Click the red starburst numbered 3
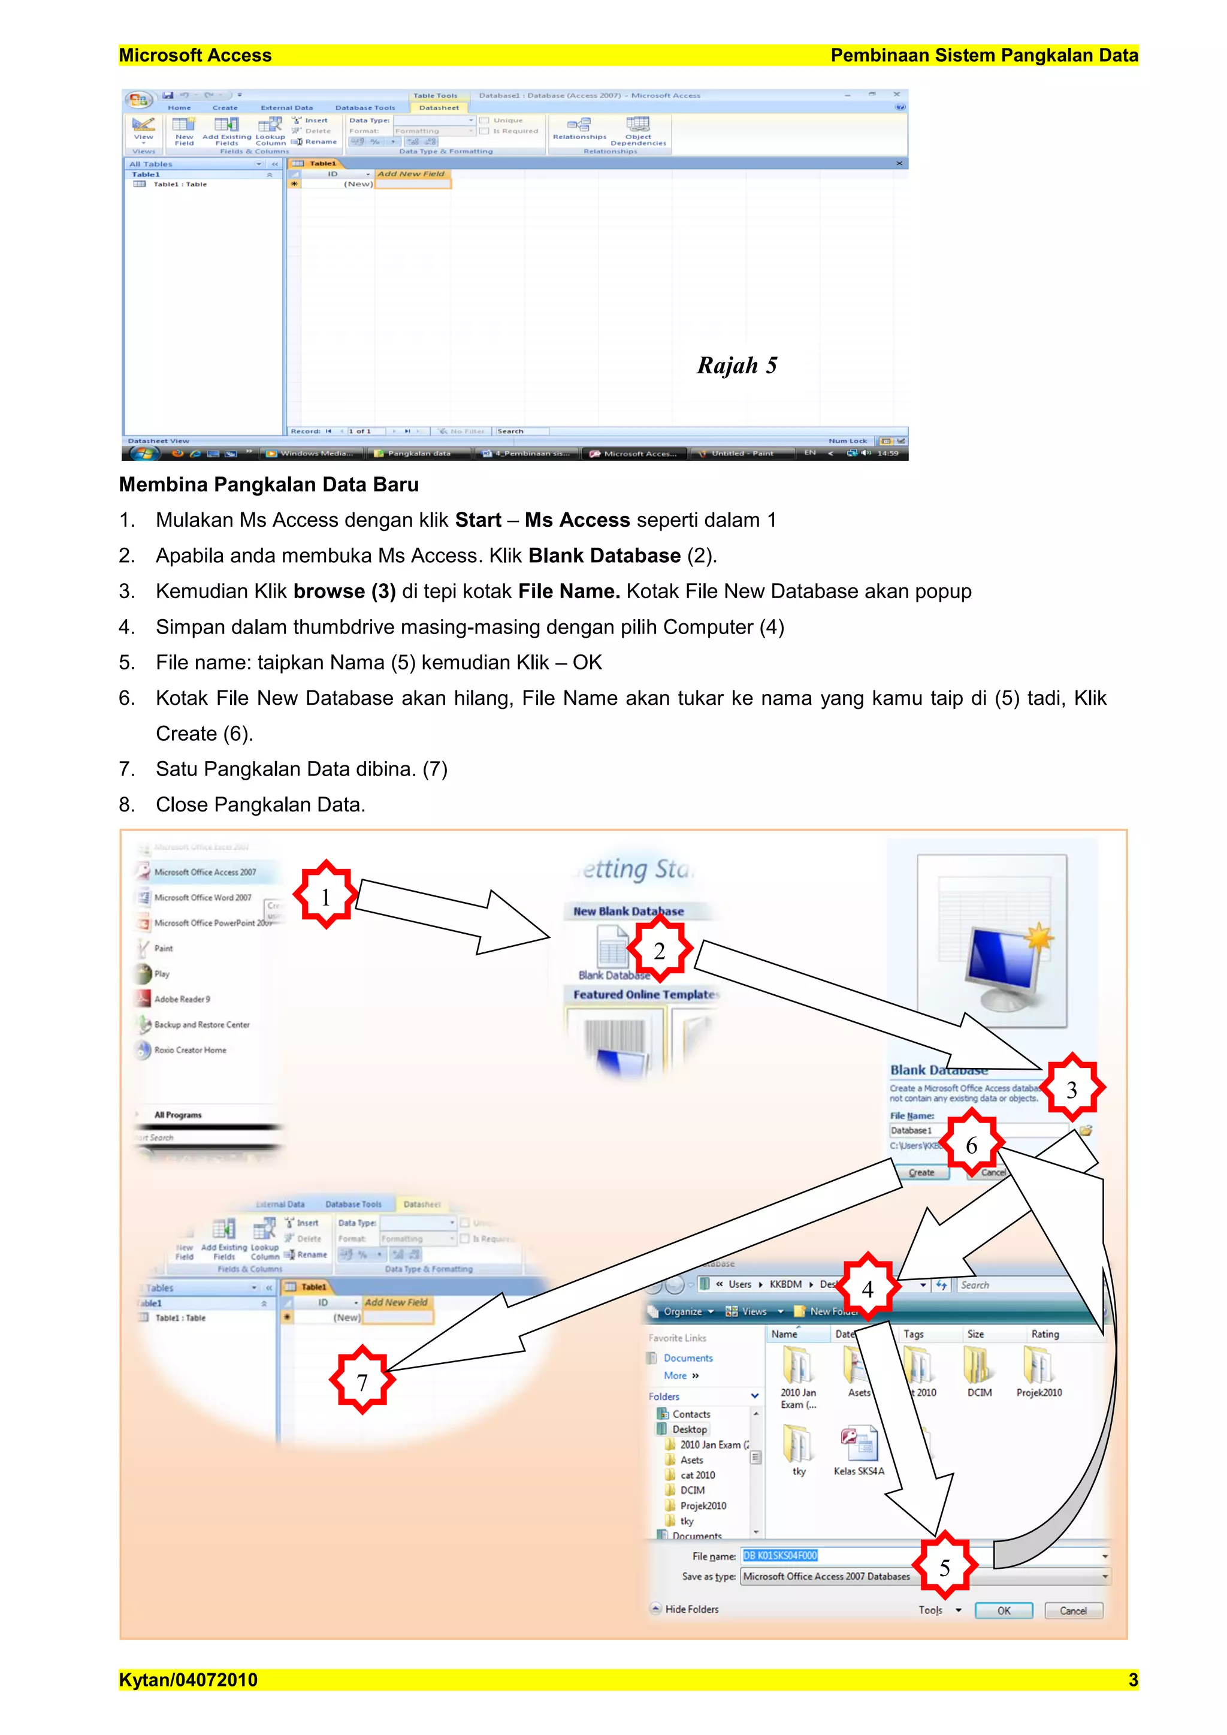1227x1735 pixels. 1071,1088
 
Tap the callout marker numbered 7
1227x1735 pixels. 362,1381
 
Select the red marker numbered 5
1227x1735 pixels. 944,1567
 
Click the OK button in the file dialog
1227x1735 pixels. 1004,1610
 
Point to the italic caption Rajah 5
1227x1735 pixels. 737,366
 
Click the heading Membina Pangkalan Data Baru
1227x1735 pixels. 268,484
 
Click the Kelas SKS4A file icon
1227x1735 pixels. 859,1445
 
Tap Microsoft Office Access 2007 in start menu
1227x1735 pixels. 204,872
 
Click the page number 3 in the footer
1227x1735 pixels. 1132,1680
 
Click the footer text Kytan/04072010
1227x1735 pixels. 188,1680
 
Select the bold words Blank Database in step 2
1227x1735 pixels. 605,556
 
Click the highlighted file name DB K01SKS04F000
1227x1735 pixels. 779,1555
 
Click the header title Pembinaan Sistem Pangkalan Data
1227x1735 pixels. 984,55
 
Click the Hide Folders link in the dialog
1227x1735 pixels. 691,1609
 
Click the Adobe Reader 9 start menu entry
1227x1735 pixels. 182,999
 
